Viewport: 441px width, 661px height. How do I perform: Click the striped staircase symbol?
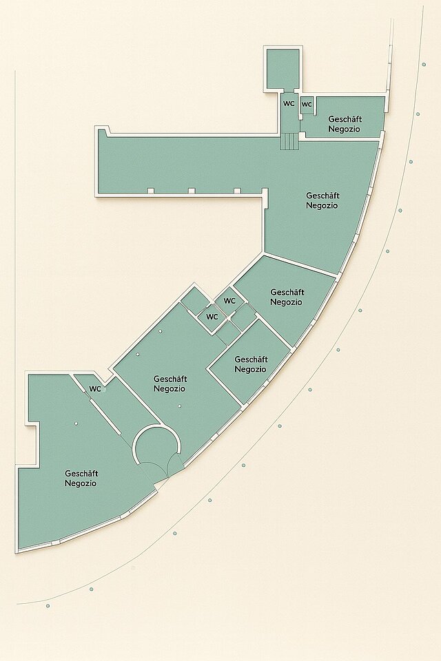(x=289, y=141)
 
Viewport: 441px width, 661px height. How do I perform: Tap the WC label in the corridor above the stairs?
(x=289, y=104)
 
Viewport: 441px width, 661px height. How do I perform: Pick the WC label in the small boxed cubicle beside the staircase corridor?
(x=307, y=104)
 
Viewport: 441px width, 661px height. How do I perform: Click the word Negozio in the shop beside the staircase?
(x=345, y=129)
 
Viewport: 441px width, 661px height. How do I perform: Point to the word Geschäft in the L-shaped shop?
(x=323, y=196)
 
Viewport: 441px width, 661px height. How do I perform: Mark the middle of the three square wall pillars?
(x=191, y=191)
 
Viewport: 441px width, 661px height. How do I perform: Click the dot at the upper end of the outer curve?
(x=424, y=65)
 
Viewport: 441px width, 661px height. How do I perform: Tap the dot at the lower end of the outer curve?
(x=48, y=606)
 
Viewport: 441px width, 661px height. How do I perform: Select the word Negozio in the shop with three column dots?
(x=170, y=388)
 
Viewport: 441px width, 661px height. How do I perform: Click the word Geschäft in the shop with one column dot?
(x=81, y=474)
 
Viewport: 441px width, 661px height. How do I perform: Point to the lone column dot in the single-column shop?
(x=76, y=423)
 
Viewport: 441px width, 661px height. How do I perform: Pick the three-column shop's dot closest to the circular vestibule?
(x=179, y=406)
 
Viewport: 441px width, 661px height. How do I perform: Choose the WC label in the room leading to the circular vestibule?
(x=95, y=389)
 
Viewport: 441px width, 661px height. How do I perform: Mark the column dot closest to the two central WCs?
(x=161, y=331)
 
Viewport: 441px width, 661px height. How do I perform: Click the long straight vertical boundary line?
(x=15, y=266)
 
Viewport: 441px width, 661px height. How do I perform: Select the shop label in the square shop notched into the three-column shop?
(x=251, y=364)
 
